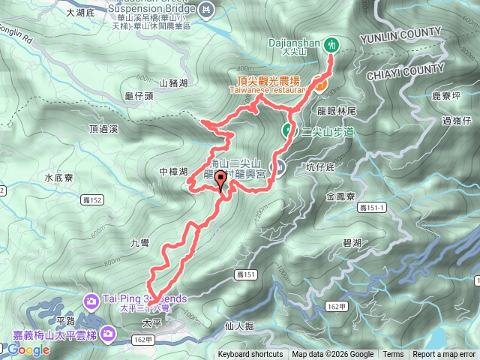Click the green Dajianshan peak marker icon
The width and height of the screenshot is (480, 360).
tap(331, 45)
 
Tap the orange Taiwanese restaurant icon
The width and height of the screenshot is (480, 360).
tap(319, 87)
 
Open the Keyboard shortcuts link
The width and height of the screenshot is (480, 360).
tap(250, 355)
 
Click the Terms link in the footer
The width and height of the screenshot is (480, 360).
tap(393, 355)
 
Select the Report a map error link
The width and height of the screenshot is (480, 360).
tap(443, 355)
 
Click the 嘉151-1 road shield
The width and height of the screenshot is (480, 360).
tap(371, 207)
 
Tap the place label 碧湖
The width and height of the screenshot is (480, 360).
tap(352, 242)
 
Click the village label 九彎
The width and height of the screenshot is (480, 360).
tap(140, 242)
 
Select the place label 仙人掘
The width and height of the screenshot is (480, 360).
tap(240, 326)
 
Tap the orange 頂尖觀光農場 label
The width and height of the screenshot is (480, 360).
tap(265, 79)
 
